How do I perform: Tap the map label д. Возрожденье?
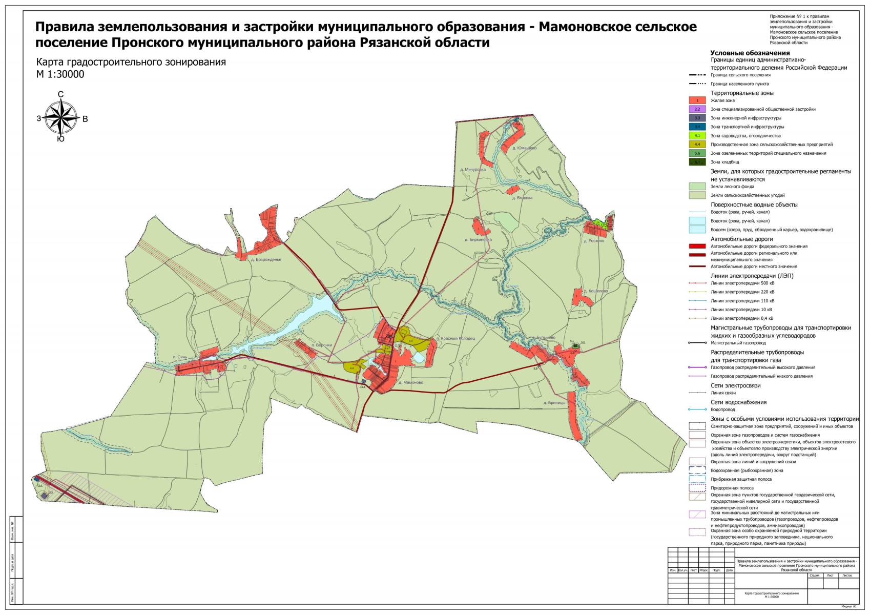(x=266, y=260)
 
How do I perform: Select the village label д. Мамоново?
(x=410, y=382)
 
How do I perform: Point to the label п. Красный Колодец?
(x=455, y=339)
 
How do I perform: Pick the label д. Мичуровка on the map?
(x=472, y=170)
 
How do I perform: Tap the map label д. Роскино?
(x=594, y=241)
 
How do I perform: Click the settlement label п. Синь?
(x=180, y=357)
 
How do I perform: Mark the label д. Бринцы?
(x=554, y=403)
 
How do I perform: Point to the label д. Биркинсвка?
(x=478, y=240)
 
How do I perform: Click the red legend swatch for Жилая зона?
(x=697, y=100)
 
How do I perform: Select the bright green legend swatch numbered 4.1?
(x=697, y=136)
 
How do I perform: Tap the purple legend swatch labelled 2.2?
(x=697, y=109)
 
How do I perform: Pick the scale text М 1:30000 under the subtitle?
(x=60, y=74)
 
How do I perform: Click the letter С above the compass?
(x=60, y=94)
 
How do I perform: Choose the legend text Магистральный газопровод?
(x=738, y=343)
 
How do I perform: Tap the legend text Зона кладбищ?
(x=724, y=162)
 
